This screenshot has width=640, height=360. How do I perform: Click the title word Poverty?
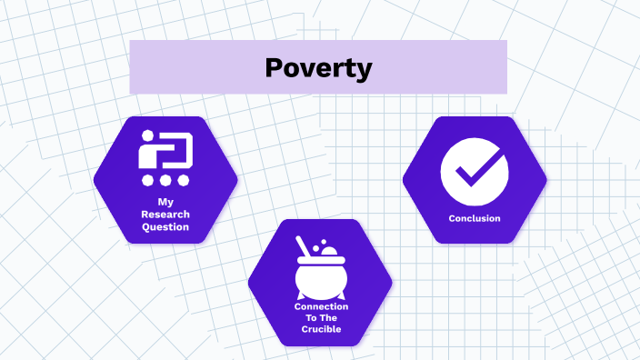(x=318, y=67)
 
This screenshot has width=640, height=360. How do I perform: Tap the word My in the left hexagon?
(x=165, y=201)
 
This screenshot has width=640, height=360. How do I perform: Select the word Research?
(x=165, y=214)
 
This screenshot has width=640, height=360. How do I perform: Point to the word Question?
(x=165, y=226)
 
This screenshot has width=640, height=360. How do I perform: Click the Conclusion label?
(x=475, y=218)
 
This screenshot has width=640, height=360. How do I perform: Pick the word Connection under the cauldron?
(x=320, y=307)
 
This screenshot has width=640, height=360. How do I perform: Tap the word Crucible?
(x=320, y=330)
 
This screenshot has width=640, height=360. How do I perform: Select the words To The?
(x=320, y=319)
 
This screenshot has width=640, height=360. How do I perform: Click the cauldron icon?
(x=320, y=272)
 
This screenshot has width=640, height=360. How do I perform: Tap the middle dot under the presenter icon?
(x=165, y=180)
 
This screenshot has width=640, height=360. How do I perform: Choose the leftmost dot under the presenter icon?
(x=148, y=180)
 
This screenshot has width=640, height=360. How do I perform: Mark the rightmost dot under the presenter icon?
(x=182, y=180)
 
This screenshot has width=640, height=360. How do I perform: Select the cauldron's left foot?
(x=299, y=297)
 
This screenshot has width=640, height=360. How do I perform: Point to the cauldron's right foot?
(x=341, y=297)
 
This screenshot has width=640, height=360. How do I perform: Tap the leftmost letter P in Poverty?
(x=275, y=67)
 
